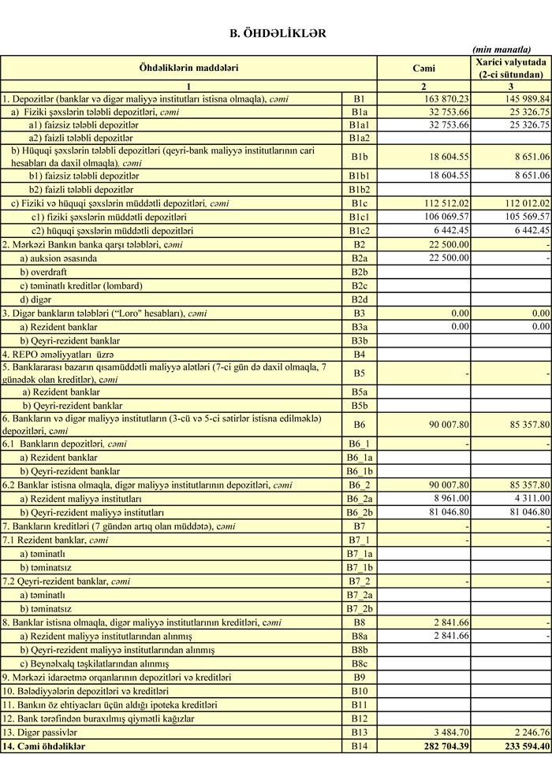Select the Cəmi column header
click(x=424, y=68)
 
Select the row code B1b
click(x=360, y=157)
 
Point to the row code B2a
click(x=360, y=258)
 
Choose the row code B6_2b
click(x=360, y=512)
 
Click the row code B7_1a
click(x=360, y=554)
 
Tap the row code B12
click(x=360, y=719)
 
